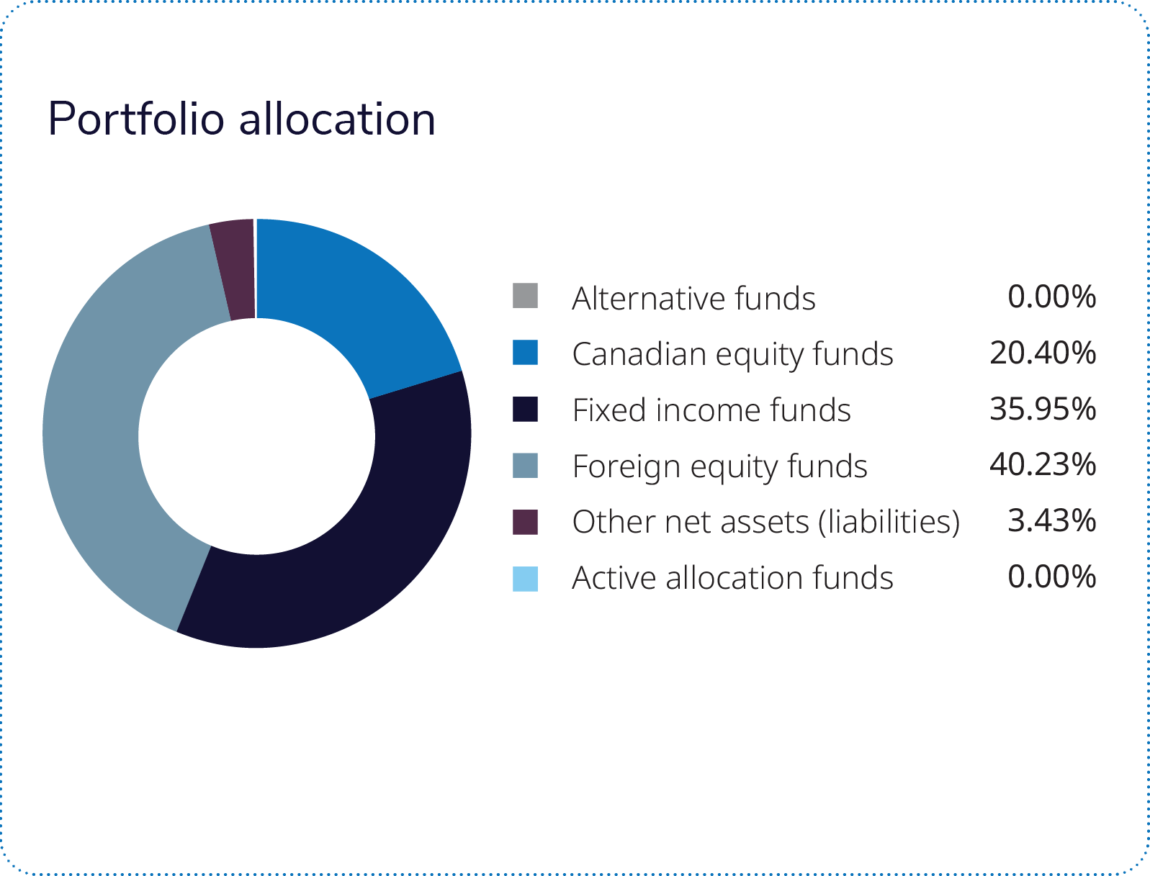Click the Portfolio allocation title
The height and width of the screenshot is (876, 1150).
click(x=241, y=119)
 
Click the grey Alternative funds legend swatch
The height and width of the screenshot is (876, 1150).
click(x=525, y=296)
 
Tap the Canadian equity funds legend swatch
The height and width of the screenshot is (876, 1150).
click(x=525, y=353)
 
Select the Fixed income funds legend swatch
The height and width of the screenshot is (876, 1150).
click(x=525, y=409)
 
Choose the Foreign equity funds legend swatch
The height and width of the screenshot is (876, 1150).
click(x=525, y=465)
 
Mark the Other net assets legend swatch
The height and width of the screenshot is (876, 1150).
click(x=525, y=521)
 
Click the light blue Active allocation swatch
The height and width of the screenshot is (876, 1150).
click(x=525, y=578)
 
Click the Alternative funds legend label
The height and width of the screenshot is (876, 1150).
click(x=693, y=298)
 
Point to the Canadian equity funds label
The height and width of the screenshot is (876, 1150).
click(x=732, y=354)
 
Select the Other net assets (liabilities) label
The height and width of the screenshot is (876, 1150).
click(x=766, y=522)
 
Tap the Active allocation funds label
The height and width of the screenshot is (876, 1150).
click(x=732, y=578)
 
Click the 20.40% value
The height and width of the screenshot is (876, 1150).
click(x=1043, y=353)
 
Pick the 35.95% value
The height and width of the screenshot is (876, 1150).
click(x=1043, y=409)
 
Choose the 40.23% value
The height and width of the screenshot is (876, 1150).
click(x=1043, y=465)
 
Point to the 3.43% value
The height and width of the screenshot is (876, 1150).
click(x=1051, y=520)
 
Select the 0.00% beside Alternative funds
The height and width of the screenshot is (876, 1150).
click(x=1051, y=297)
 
